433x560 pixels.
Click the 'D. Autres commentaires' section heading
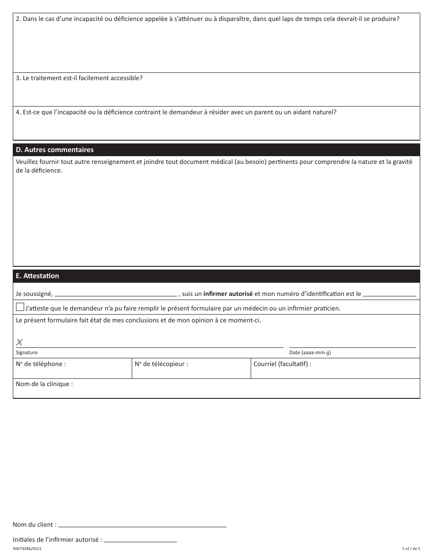click(55, 150)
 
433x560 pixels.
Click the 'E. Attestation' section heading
click(37, 276)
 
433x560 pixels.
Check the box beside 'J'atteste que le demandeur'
click(20, 307)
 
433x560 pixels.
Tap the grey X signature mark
click(20, 342)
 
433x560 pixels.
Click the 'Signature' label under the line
click(27, 352)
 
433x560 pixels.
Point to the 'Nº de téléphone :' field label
click(41, 364)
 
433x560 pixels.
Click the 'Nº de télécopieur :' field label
click(161, 364)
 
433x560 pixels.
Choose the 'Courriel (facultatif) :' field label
click(283, 364)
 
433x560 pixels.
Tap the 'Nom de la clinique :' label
click(44, 384)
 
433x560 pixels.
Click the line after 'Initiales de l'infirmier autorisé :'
click(140, 540)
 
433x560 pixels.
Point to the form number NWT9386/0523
click(27, 549)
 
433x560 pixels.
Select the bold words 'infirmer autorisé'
click(228, 294)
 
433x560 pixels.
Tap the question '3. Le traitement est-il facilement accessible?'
click(79, 78)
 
